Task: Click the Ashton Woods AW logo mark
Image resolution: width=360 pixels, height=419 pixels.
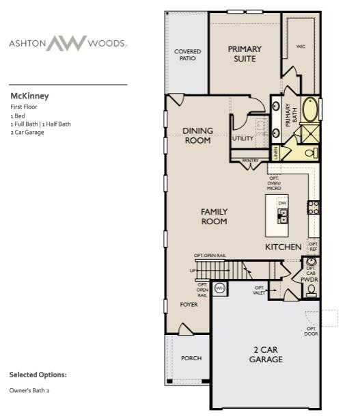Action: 67,43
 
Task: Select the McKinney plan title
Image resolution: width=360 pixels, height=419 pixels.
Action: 29,96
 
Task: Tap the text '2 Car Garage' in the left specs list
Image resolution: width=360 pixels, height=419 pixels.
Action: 27,132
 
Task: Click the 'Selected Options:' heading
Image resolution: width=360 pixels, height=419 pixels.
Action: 38,375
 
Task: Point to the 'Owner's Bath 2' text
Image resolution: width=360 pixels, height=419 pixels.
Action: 29,390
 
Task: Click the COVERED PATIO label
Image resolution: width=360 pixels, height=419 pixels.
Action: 186,55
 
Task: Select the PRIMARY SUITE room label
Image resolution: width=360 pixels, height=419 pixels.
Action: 245,53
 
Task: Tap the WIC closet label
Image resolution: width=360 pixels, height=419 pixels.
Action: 301,46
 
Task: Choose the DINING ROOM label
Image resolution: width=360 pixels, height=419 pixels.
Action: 198,135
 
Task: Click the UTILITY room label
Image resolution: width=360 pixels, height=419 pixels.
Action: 243,138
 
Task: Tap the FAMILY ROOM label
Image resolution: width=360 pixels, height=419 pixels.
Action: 214,217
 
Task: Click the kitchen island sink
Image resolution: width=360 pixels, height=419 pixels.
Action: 281,217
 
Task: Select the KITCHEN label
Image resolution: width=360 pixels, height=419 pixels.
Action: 283,246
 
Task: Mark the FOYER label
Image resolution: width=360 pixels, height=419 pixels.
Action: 189,304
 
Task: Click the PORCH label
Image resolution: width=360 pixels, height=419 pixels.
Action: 191,358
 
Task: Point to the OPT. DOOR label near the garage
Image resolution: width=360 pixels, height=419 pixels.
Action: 311,331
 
